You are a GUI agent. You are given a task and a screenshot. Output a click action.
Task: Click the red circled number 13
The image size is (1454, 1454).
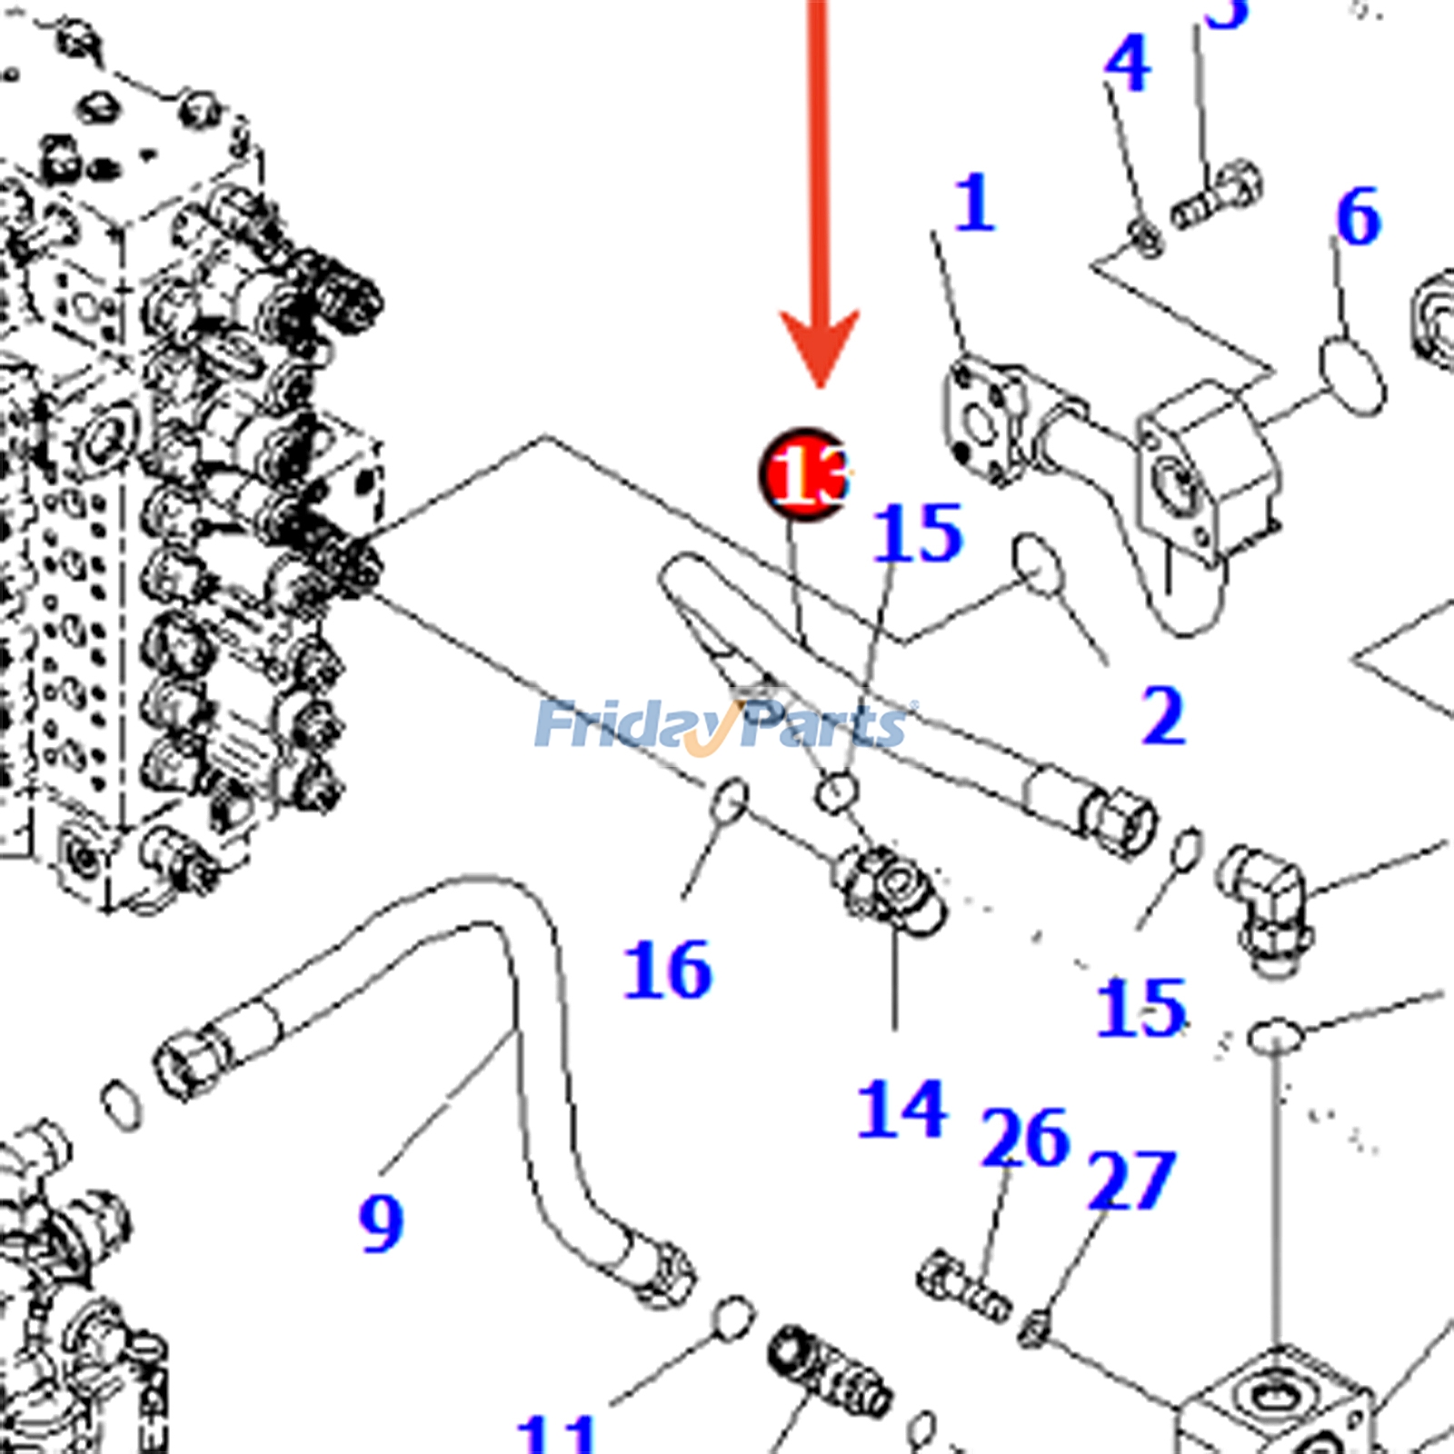pyautogui.click(x=804, y=474)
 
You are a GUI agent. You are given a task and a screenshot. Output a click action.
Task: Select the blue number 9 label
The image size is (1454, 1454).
pyautogui.click(x=381, y=1223)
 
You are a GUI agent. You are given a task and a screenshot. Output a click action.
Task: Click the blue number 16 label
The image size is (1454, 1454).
pyautogui.click(x=668, y=971)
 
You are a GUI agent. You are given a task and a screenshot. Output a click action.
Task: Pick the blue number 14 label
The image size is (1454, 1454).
pyautogui.click(x=901, y=1109)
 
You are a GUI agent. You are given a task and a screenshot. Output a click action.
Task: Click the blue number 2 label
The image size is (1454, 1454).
pyautogui.click(x=1163, y=717)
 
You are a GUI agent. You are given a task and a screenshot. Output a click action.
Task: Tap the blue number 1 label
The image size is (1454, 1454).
pyautogui.click(x=974, y=204)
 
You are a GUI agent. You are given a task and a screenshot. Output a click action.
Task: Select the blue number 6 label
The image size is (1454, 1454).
pyautogui.click(x=1358, y=218)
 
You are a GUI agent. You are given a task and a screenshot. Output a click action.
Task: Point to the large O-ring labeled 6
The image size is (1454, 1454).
pyautogui.click(x=1352, y=374)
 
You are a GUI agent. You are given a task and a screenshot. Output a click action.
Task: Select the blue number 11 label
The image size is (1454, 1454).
pyautogui.click(x=556, y=1434)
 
